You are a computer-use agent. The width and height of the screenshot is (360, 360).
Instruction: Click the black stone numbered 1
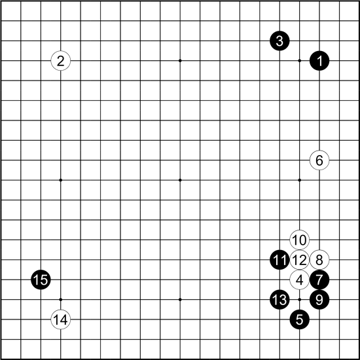[319, 61]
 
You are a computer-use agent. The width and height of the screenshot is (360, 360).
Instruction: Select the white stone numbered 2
[61, 61]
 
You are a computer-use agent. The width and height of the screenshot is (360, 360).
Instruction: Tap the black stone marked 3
[279, 41]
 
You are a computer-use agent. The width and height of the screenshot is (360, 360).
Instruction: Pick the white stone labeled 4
[299, 279]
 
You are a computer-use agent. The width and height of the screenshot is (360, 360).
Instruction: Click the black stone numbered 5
[299, 319]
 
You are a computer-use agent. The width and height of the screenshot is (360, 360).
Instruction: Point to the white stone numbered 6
[319, 160]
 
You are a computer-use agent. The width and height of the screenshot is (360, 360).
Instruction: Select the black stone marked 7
[319, 279]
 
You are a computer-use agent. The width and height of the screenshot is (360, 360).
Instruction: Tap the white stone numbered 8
[319, 260]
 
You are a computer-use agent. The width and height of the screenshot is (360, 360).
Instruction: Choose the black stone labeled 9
[319, 299]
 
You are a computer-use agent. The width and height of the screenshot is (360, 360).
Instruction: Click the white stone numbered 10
[299, 240]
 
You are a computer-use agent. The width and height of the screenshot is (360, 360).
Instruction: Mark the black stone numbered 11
[279, 260]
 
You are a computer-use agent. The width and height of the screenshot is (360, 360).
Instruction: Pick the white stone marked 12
[299, 260]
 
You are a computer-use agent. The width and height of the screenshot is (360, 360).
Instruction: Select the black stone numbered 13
[279, 299]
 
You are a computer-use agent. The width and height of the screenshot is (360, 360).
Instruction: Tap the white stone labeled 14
[61, 319]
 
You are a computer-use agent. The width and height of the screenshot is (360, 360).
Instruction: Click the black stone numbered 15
[41, 279]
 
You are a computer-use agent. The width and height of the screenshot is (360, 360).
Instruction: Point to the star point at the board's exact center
[180, 180]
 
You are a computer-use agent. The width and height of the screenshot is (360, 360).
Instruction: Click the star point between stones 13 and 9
[299, 299]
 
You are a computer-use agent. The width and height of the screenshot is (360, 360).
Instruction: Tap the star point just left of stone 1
[299, 61]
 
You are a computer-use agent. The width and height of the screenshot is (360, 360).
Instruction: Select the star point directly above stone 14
[61, 299]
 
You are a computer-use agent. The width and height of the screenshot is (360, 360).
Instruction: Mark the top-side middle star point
[180, 61]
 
